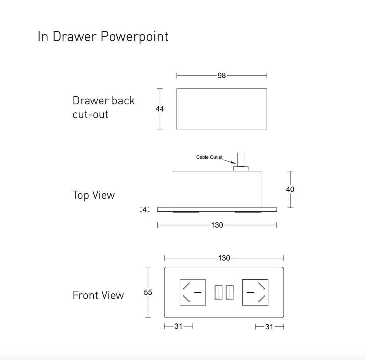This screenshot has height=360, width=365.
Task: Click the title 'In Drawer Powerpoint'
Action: pos(103,37)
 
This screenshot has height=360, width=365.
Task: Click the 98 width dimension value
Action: pos(222,76)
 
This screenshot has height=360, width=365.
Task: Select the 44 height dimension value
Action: pos(160,109)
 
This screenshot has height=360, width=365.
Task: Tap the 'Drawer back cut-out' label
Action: pos(103,107)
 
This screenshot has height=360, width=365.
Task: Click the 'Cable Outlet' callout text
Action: pos(209,157)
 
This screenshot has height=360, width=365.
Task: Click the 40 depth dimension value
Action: pos(290,189)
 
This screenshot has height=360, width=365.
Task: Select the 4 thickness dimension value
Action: pos(144,210)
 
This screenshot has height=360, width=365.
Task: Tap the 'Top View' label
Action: pos(94,195)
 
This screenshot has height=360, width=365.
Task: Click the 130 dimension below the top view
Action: pos(217,225)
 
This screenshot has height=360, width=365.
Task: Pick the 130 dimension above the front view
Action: pos(224,258)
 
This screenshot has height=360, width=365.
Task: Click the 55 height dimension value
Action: pos(148,293)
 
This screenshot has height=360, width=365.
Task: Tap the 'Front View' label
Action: pos(98,295)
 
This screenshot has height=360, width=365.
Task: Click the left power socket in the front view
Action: pos(193,292)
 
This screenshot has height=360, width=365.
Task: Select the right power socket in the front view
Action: pos(255,292)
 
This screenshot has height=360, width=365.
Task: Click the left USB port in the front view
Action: pos(218,292)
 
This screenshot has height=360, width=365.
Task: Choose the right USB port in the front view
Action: pos(230,292)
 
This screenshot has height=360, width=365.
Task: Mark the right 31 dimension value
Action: pos(269,327)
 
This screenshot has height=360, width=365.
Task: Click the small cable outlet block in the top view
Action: pos(241,168)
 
